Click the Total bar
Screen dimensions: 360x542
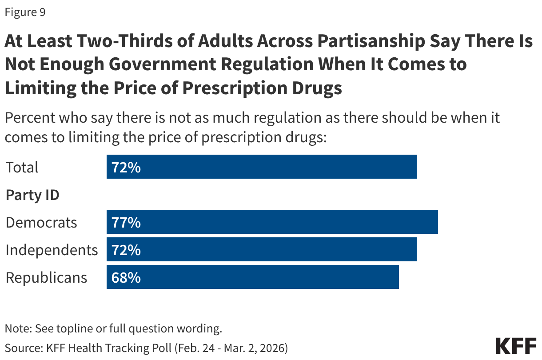(x=261, y=167)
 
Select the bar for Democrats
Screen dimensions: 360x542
(x=272, y=222)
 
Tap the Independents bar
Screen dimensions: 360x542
(x=261, y=249)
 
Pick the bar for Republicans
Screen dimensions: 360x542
(x=252, y=277)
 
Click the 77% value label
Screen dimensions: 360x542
(x=126, y=222)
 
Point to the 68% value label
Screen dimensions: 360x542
(x=126, y=277)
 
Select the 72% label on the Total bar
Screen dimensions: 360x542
(x=126, y=167)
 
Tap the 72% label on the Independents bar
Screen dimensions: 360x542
(x=126, y=249)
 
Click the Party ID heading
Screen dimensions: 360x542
(x=32, y=195)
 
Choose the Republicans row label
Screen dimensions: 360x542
(x=46, y=277)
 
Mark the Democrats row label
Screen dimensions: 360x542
(x=41, y=222)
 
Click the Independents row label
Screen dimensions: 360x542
(x=52, y=250)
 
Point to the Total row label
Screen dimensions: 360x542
(x=22, y=168)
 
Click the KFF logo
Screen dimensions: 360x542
(x=516, y=345)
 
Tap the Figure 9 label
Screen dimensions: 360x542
(x=25, y=12)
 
